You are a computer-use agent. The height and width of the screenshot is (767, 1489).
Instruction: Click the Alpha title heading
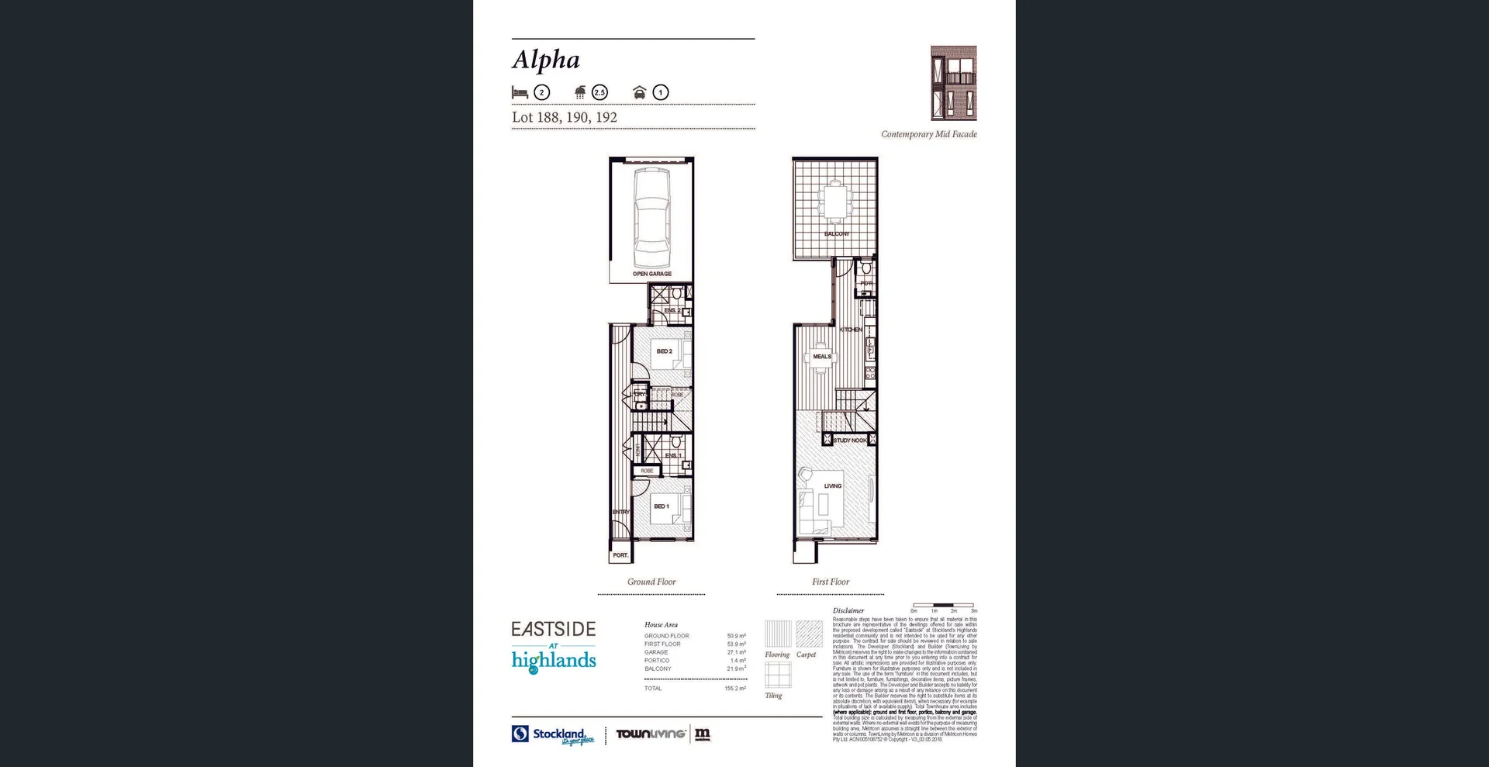click(546, 60)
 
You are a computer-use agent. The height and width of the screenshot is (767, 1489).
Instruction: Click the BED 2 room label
click(664, 351)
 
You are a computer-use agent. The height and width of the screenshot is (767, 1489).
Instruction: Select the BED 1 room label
click(661, 506)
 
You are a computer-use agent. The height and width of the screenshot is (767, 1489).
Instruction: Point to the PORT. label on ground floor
click(620, 555)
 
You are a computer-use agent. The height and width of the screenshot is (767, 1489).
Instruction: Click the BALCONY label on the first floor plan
click(836, 233)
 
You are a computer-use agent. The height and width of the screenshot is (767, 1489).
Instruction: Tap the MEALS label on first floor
click(822, 357)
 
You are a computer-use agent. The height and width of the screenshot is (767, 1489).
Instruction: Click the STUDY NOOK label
click(850, 441)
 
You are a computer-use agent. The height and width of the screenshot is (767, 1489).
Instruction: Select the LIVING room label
click(832, 486)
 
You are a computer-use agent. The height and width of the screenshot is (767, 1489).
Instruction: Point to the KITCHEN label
click(851, 330)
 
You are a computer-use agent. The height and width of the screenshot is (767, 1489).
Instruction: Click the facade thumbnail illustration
click(953, 83)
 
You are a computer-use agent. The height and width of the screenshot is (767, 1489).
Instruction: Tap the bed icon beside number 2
click(520, 92)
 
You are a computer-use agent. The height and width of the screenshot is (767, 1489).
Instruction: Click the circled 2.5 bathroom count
click(599, 92)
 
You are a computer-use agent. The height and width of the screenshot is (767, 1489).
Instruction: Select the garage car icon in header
click(639, 92)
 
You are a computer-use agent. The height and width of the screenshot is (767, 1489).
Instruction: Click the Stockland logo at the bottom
click(552, 734)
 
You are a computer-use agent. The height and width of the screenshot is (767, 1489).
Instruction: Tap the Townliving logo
click(651, 734)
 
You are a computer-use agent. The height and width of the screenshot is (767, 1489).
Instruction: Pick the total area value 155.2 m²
click(734, 689)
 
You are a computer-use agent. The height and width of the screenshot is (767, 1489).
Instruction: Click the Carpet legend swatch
click(809, 634)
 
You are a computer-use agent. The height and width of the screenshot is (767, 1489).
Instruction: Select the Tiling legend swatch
click(778, 675)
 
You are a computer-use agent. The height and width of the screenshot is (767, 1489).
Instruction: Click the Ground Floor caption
click(651, 582)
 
